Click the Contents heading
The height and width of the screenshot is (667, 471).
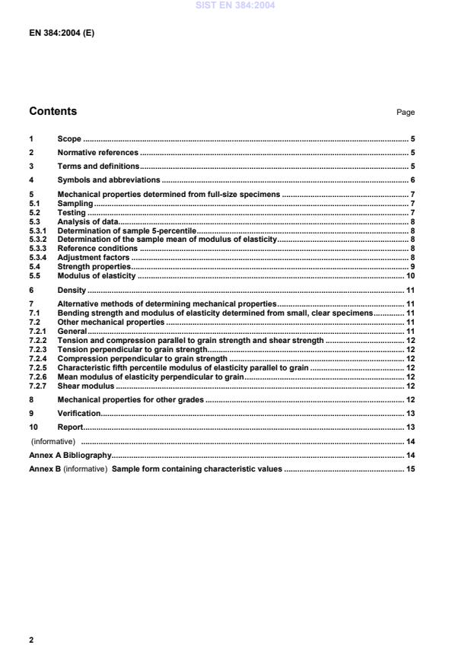click(x=53, y=112)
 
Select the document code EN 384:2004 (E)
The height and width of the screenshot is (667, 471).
click(x=61, y=34)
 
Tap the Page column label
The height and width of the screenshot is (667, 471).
click(x=406, y=113)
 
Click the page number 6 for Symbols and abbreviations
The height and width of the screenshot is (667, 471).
click(x=412, y=179)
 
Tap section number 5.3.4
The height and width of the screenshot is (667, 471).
click(x=38, y=258)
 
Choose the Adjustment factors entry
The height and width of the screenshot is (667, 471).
click(x=94, y=258)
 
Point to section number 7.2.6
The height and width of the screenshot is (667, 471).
click(x=38, y=376)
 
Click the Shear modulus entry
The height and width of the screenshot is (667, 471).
click(x=87, y=386)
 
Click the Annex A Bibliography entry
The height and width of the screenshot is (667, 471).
click(x=70, y=455)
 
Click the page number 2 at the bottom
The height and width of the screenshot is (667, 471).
click(x=31, y=640)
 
